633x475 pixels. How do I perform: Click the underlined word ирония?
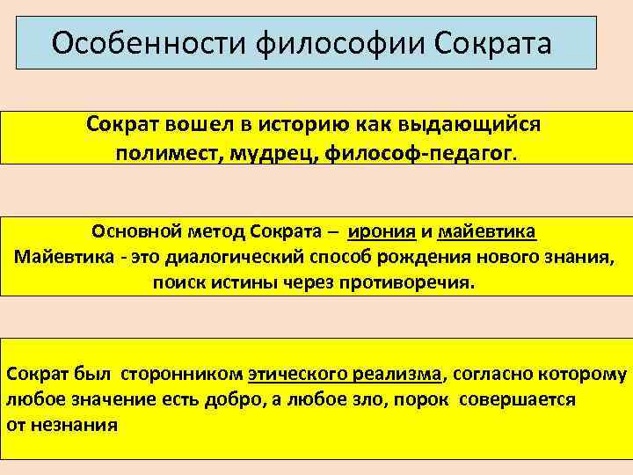pos(382,233)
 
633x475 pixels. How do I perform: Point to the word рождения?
pos(413,259)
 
